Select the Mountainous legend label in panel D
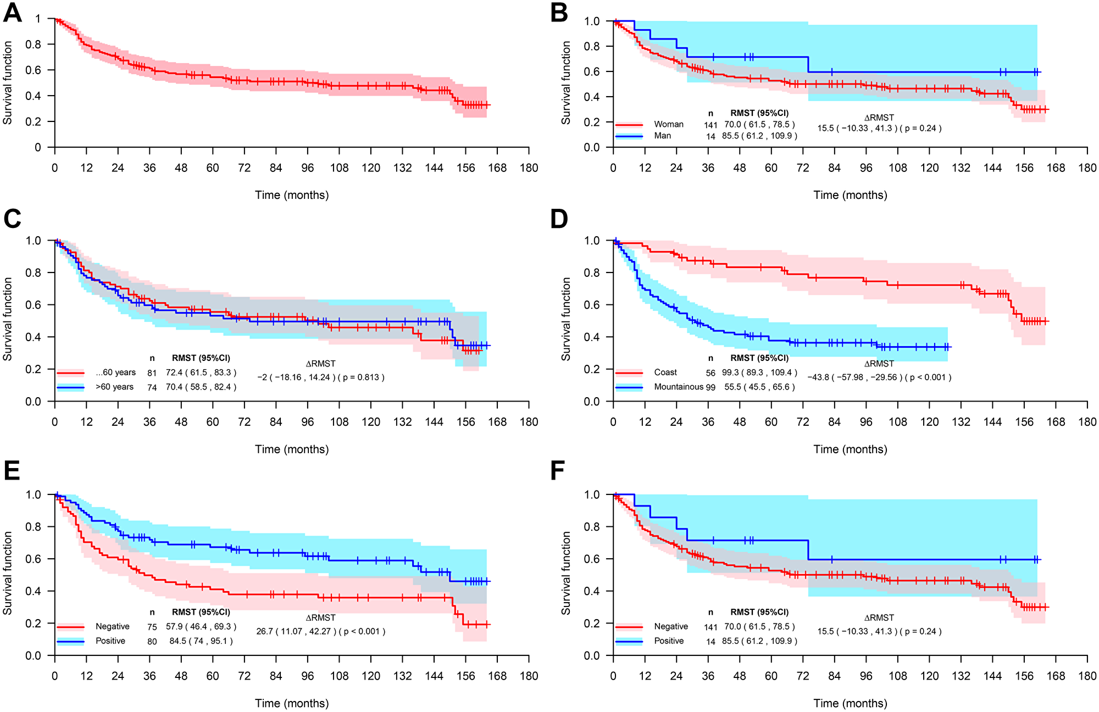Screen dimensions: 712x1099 pyautogui.click(x=679, y=387)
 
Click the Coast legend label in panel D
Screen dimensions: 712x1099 pyautogui.click(x=665, y=372)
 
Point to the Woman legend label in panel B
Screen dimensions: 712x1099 pyautogui.click(x=669, y=124)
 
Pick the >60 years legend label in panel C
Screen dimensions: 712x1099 pyautogui.click(x=114, y=387)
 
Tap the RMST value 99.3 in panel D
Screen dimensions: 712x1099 pyautogui.click(x=731, y=372)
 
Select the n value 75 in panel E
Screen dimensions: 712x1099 pyautogui.click(x=152, y=627)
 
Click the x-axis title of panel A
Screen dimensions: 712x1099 pyautogui.click(x=292, y=195)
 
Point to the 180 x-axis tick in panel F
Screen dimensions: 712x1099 pyautogui.click(x=1087, y=676)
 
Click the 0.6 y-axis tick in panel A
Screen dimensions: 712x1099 pyautogui.click(x=37, y=70)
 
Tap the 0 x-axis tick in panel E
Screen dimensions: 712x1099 pyautogui.click(x=54, y=676)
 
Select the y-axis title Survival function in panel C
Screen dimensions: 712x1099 pyautogui.click(x=8, y=319)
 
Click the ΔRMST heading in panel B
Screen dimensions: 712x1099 pyautogui.click(x=879, y=118)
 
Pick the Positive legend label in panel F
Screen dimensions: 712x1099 pyautogui.click(x=669, y=641)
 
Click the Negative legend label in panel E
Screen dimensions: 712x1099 pyautogui.click(x=112, y=627)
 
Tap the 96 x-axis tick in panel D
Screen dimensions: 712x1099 pyautogui.click(x=866, y=422)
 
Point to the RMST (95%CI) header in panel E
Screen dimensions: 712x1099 pyautogui.click(x=201, y=612)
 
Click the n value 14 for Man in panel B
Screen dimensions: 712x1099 pyautogui.click(x=711, y=136)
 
